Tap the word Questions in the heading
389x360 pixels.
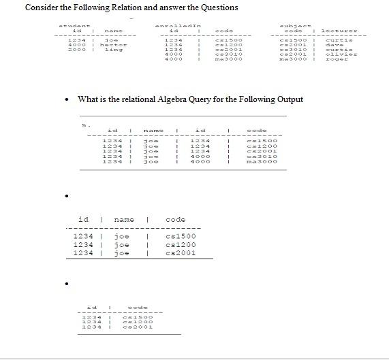click(217, 7)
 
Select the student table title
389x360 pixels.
click(71, 24)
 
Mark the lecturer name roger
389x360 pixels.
click(335, 59)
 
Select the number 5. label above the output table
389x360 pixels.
click(85, 125)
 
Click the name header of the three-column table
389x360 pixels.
click(123, 220)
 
